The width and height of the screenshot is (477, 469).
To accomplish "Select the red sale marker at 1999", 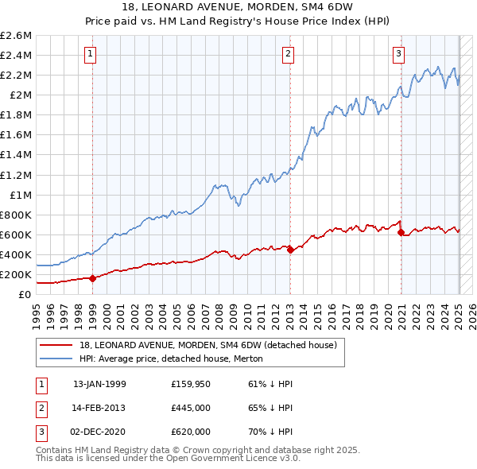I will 93,278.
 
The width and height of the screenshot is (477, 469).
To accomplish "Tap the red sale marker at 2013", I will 290,250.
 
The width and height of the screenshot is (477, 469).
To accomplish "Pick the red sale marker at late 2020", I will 401,232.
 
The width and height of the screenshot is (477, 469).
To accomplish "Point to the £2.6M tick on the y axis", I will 16,36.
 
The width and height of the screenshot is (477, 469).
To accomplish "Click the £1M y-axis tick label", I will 19,195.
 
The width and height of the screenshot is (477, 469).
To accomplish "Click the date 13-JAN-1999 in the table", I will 99,384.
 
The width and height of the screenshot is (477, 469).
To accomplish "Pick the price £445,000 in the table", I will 191,408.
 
